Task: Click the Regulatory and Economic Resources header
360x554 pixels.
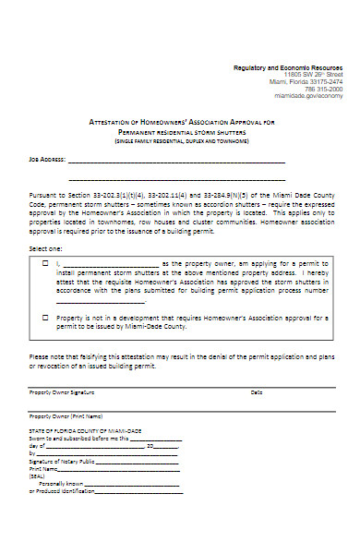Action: pyautogui.click(x=287, y=69)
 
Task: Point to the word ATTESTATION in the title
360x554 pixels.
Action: pyautogui.click(x=110, y=123)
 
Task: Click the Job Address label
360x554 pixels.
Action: pyautogui.click(x=46, y=159)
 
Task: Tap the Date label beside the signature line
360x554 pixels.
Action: pyautogui.click(x=256, y=392)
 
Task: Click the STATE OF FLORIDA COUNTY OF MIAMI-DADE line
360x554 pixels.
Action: pyautogui.click(x=85, y=431)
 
